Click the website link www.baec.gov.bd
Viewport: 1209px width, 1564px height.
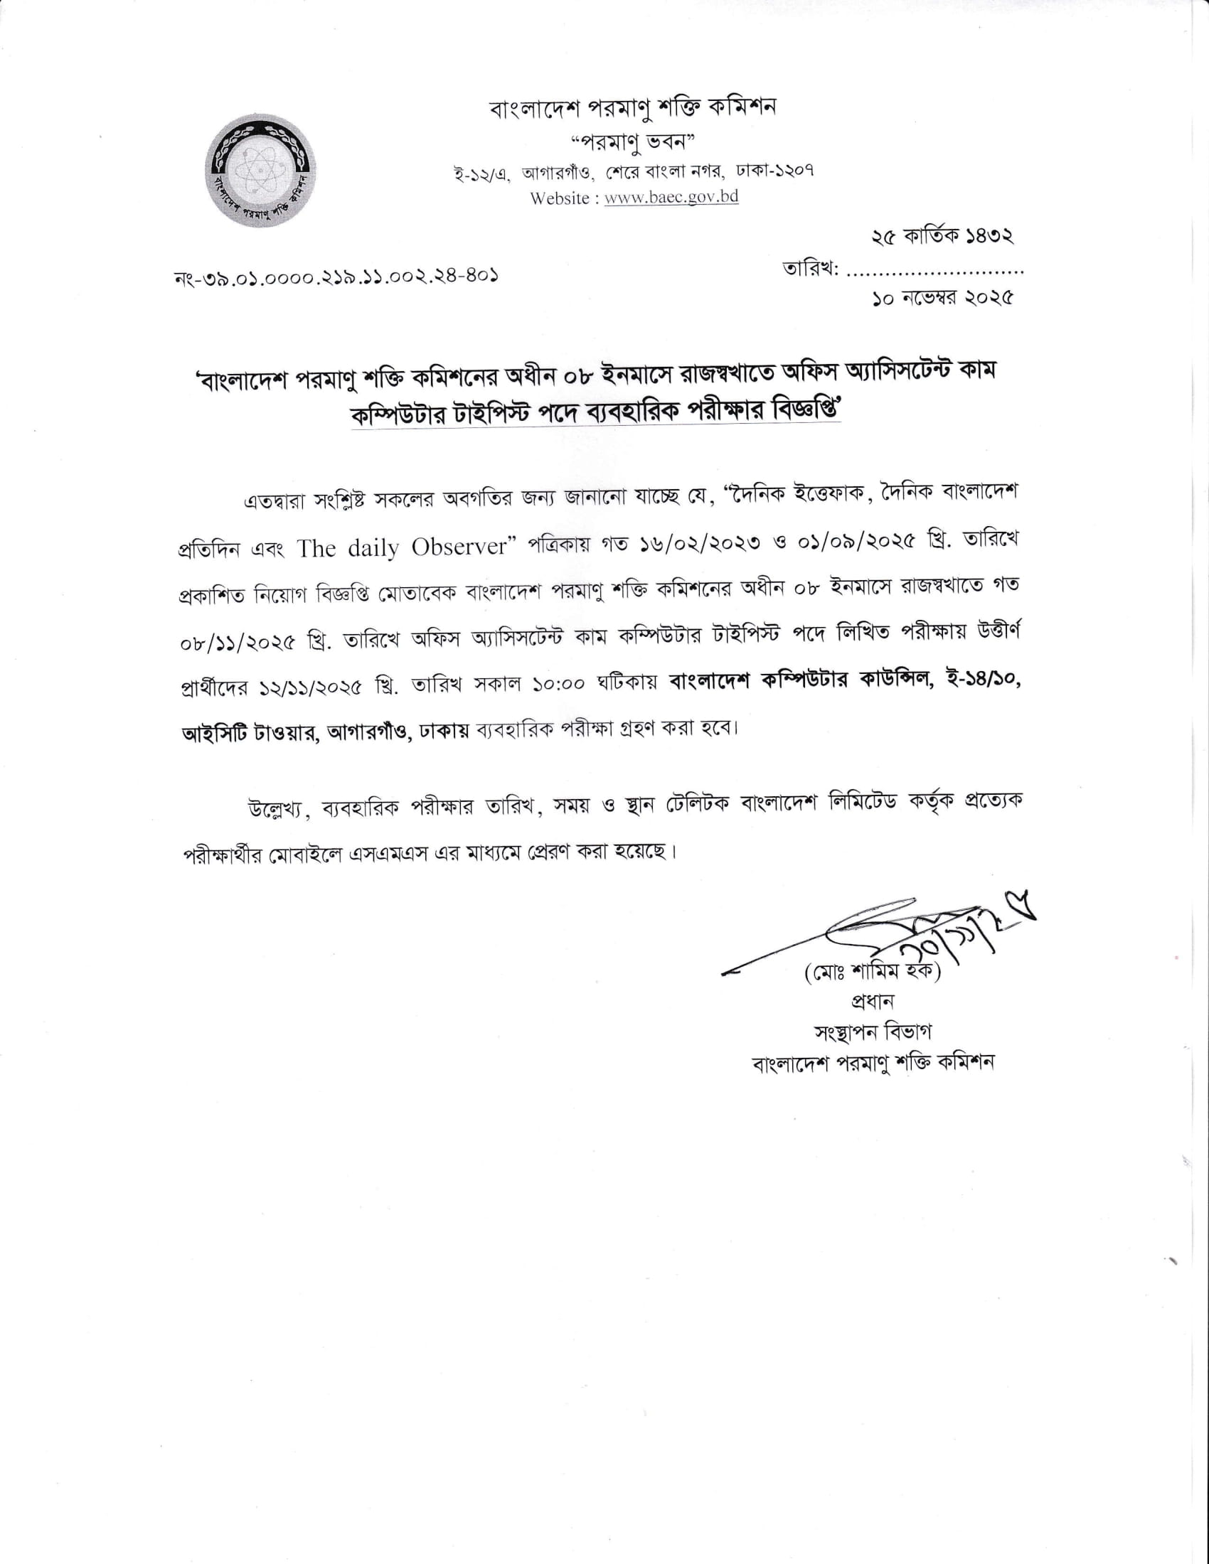671,198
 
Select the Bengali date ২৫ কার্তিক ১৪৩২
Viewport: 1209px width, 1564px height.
942,237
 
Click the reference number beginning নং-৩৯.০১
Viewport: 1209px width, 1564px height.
336,277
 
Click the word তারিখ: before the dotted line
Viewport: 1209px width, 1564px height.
810,270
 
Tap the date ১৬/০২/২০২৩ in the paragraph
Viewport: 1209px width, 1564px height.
693,543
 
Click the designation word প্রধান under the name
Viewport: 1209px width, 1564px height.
872,1002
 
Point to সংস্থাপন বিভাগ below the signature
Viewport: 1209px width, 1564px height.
873,1032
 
